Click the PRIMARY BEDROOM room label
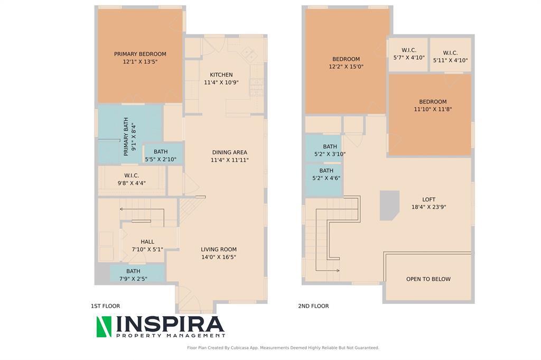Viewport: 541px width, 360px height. coord(140,54)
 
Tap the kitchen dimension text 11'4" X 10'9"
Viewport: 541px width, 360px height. coord(221,82)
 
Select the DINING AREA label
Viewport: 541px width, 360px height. coord(229,152)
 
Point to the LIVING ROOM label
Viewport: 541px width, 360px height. coord(219,250)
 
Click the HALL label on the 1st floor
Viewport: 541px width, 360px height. coord(147,242)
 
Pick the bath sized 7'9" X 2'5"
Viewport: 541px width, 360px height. coord(133,275)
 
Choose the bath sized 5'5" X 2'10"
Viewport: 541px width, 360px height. coord(161,155)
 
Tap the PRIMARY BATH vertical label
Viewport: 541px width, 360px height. coord(126,136)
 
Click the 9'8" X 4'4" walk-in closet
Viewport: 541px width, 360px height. coord(132,179)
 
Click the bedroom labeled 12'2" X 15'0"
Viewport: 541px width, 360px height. coord(346,63)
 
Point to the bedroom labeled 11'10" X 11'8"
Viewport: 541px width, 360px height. coord(433,105)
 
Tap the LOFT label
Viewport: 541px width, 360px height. coord(428,199)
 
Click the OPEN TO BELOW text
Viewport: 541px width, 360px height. coord(428,279)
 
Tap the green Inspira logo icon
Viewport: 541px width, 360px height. coord(104,327)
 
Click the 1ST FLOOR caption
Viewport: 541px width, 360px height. coord(105,306)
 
